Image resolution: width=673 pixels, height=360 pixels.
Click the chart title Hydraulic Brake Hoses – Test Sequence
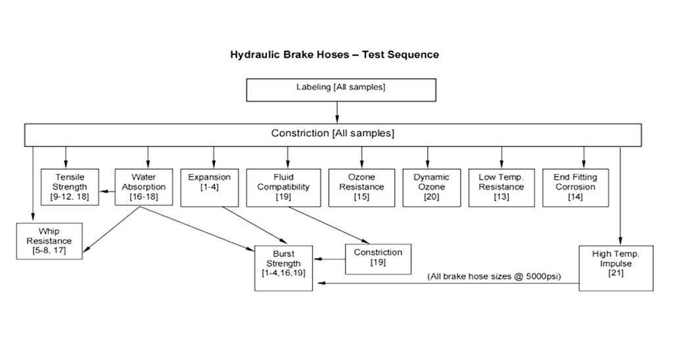(x=335, y=55)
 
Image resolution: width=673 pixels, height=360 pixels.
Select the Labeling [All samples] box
(x=340, y=87)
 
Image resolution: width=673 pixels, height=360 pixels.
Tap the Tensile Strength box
(x=70, y=187)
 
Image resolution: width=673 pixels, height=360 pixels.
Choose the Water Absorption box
(x=142, y=187)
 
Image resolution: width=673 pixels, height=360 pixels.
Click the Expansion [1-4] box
(x=210, y=187)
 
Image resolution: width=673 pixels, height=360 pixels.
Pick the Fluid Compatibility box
(x=283, y=187)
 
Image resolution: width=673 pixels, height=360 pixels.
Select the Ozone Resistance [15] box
(x=361, y=187)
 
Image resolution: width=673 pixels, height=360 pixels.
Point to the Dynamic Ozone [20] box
(x=431, y=187)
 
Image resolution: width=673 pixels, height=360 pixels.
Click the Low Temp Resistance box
(x=501, y=187)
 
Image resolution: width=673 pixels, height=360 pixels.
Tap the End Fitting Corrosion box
(x=576, y=187)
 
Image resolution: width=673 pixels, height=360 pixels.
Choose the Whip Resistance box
(x=49, y=240)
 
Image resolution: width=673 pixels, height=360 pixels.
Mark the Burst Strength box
(x=283, y=267)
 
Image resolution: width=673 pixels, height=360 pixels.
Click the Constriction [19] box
(x=377, y=258)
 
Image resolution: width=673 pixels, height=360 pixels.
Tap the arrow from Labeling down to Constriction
(x=337, y=117)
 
